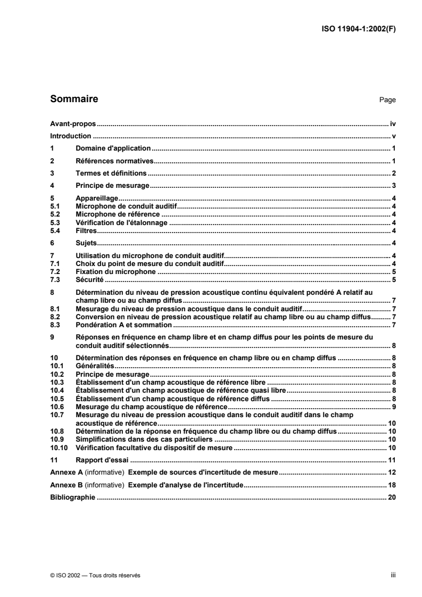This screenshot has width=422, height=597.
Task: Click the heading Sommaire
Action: click(73, 98)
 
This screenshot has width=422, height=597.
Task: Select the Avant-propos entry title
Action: click(72, 123)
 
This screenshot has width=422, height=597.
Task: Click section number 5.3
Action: click(54, 223)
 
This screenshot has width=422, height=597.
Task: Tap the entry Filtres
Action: click(85, 230)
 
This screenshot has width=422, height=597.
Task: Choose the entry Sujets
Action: click(86, 243)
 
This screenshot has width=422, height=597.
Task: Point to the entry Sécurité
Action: click(89, 279)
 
